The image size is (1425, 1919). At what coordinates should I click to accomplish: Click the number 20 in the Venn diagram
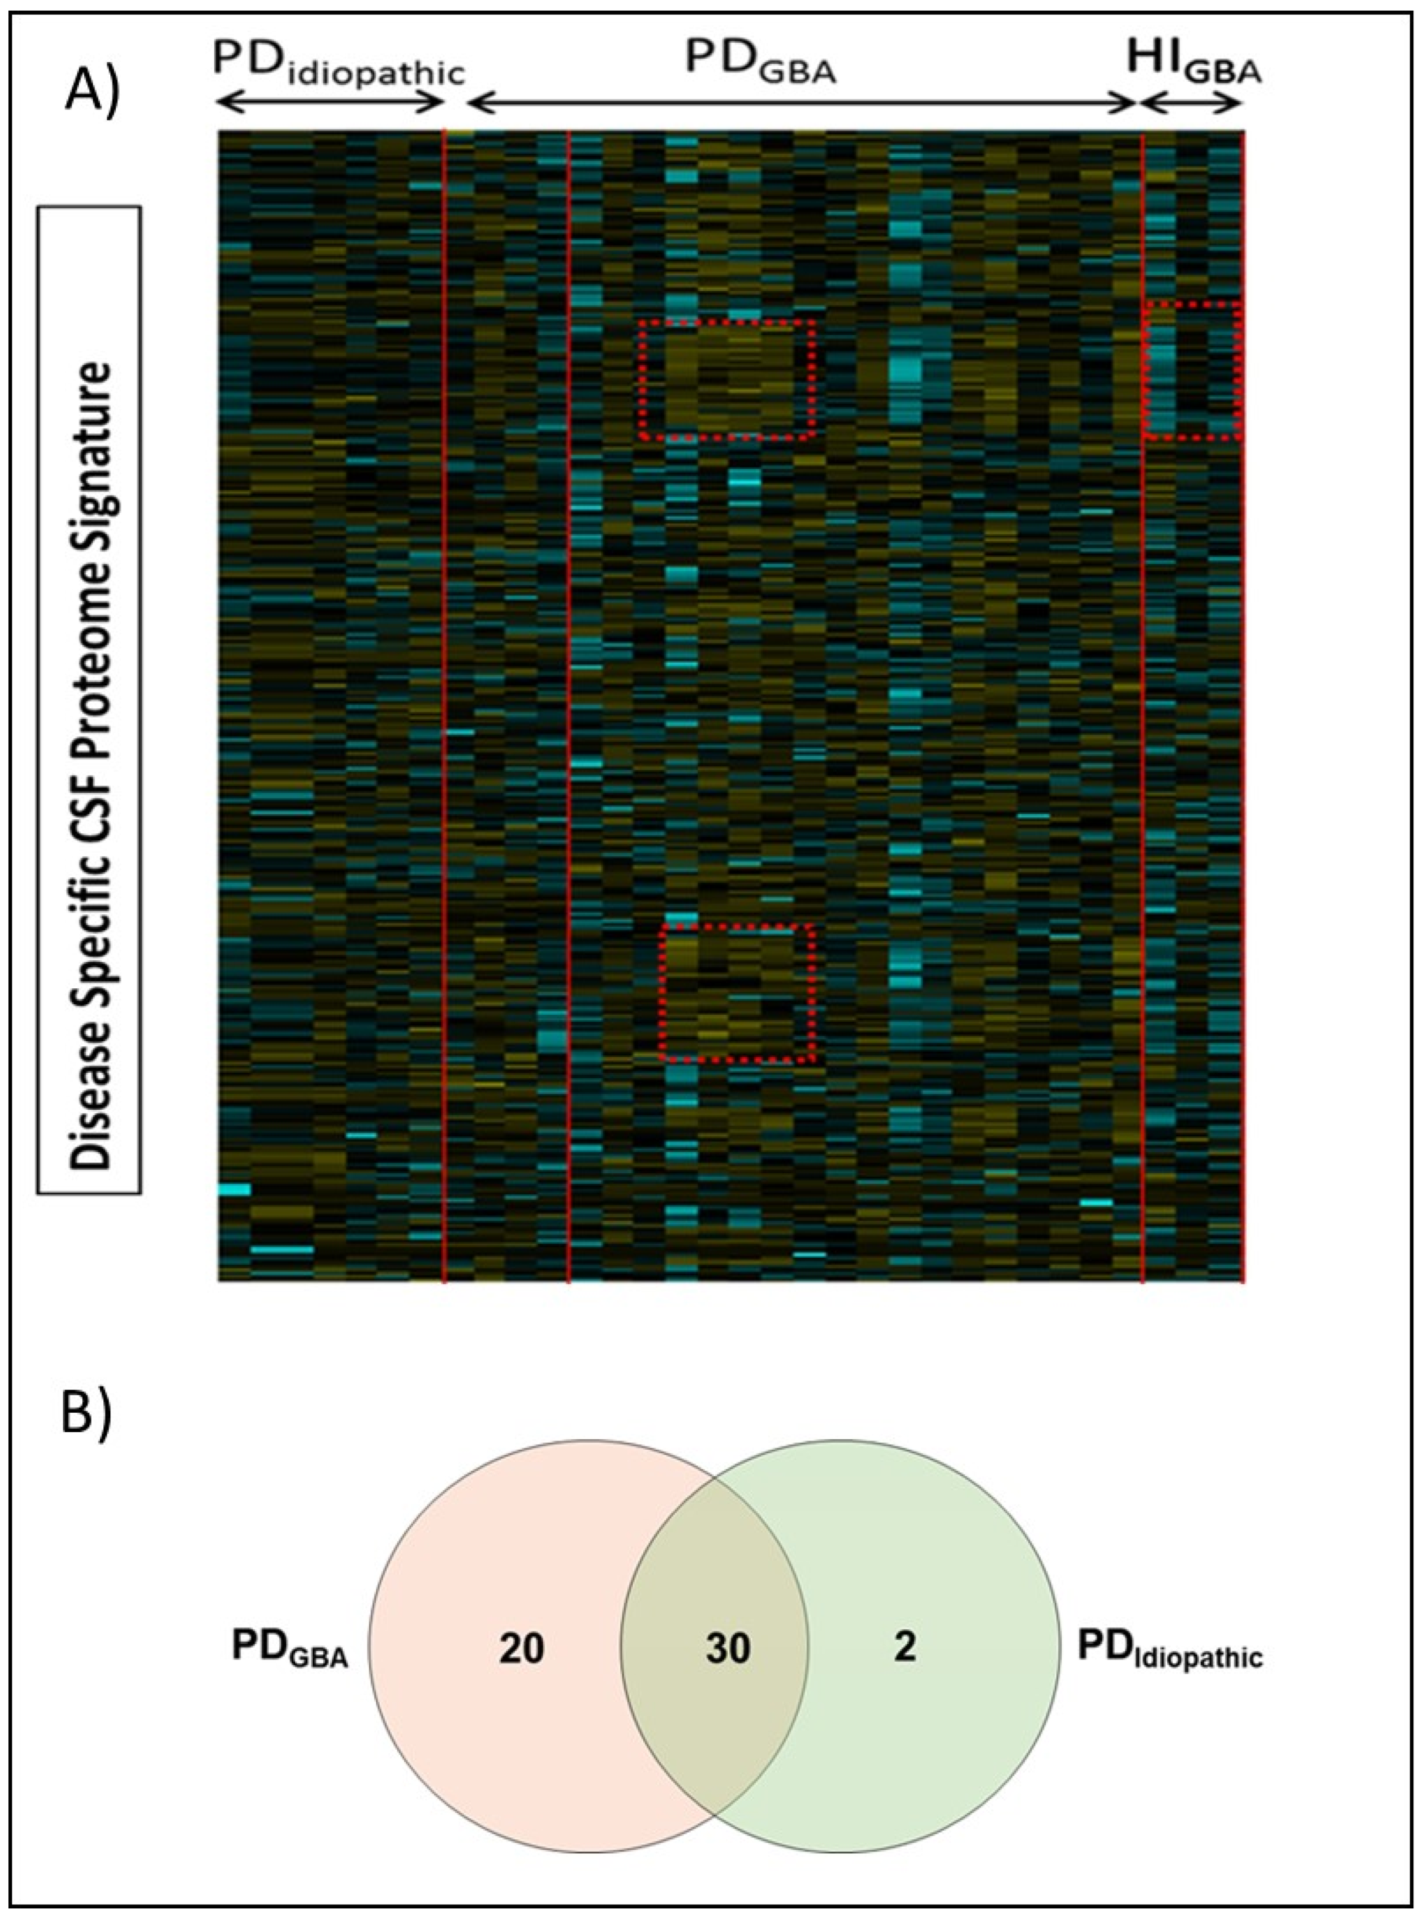521,1648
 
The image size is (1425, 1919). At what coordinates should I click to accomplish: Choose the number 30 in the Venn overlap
727,1648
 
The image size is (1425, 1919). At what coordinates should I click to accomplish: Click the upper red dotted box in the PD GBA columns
727,380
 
